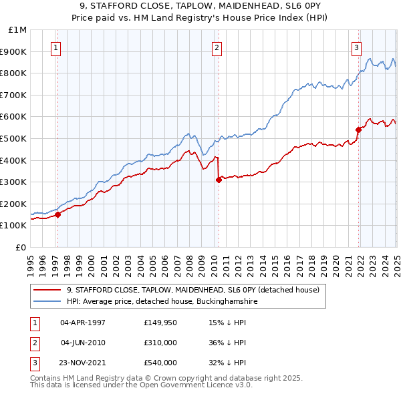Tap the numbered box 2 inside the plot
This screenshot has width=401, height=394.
tap(217, 47)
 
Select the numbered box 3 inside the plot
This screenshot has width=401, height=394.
tap(357, 47)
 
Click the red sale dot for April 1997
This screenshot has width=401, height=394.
tap(57, 214)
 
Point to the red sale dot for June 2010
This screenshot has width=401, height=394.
tap(219, 180)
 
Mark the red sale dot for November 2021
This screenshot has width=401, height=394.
tap(358, 130)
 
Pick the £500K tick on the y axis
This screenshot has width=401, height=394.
tap(15, 138)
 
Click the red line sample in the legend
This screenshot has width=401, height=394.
tap(47, 290)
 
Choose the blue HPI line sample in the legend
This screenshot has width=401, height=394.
tap(47, 302)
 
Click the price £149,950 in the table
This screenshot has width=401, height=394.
tap(160, 322)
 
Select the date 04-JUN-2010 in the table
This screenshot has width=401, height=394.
tap(83, 343)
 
